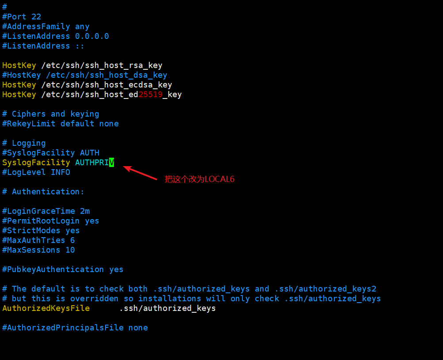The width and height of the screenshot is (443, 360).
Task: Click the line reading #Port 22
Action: [x=22, y=17]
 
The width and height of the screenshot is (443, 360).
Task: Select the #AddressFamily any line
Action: [x=45, y=27]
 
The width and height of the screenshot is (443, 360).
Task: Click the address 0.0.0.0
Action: [x=92, y=36]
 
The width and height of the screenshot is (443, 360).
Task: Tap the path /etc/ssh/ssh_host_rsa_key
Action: [x=102, y=65]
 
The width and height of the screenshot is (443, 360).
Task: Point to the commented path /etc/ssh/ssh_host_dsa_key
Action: [x=106, y=75]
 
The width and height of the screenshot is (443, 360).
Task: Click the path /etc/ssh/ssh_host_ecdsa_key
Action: [x=106, y=85]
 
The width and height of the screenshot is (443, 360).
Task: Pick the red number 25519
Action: [x=151, y=95]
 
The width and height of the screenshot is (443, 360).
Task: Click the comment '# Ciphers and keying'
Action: [x=50, y=114]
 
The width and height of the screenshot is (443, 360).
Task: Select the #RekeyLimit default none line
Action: [x=60, y=124]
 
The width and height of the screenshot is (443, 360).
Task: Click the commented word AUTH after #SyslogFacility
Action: [x=90, y=153]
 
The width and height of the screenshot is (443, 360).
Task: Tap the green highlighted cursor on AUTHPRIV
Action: [x=112, y=163]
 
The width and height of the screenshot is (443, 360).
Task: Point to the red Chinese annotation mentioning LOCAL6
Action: [x=199, y=179]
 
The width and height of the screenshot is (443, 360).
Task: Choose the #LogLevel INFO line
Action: [x=36, y=172]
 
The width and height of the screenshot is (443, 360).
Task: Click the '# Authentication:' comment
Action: [x=43, y=192]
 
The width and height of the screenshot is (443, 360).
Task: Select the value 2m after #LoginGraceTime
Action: [x=85, y=211]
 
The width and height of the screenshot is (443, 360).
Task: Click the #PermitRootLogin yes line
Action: [x=50, y=221]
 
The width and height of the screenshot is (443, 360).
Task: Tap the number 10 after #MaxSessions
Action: [x=70, y=250]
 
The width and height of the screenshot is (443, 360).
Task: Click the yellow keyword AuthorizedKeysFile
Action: [x=46, y=308]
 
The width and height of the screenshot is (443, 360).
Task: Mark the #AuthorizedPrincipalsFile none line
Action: [x=75, y=328]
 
